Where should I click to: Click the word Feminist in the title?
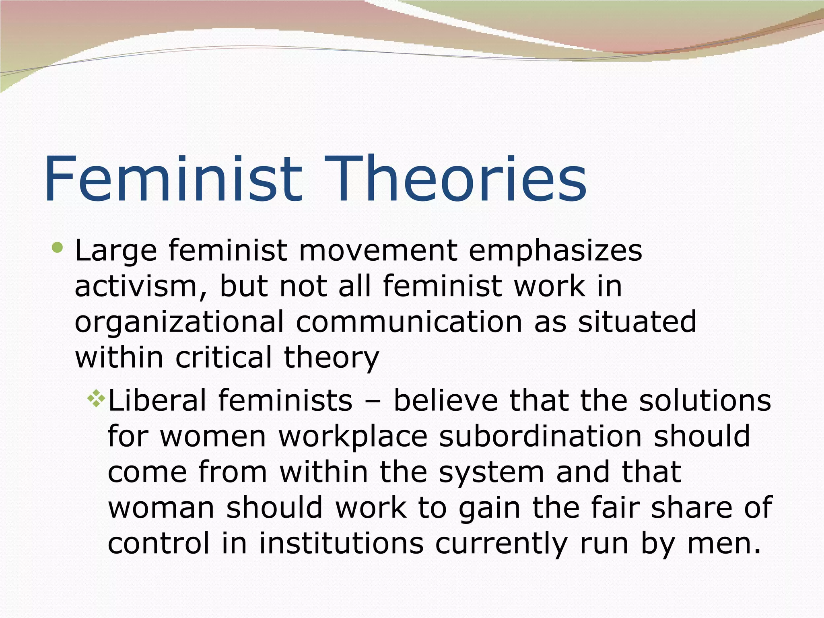coord(173,179)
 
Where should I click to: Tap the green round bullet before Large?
coord(58,248)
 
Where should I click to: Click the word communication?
coord(409,322)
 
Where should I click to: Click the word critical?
coord(224,357)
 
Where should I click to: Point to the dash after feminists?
coord(373,402)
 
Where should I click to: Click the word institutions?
coord(341,543)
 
